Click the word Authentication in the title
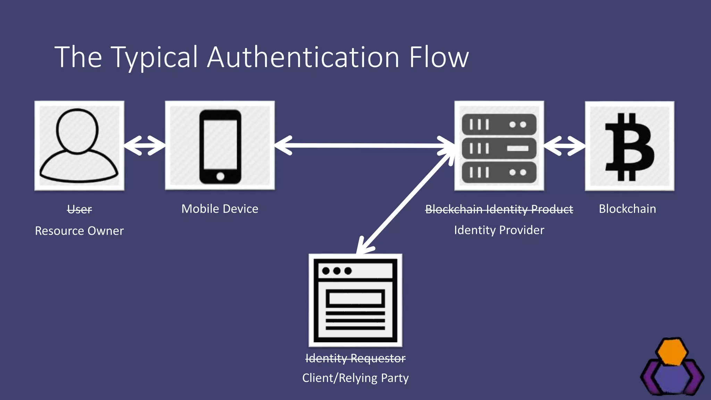pos(303,57)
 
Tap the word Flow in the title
pos(438,57)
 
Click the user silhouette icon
pos(79,145)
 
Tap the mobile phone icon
pos(220,146)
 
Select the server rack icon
pos(499,148)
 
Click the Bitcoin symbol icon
pos(629,146)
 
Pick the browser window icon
pos(355,300)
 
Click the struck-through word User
pos(79,209)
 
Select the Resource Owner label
pos(79,231)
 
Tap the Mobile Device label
pos(220,209)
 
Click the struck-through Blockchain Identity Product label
pos(499,209)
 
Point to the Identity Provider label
pos(499,230)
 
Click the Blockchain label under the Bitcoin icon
pos(627,209)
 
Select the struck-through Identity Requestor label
pos(355,358)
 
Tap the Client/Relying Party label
pos(355,378)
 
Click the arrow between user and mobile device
pos(144,145)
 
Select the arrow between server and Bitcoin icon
pos(564,146)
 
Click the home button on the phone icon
pos(220,176)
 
